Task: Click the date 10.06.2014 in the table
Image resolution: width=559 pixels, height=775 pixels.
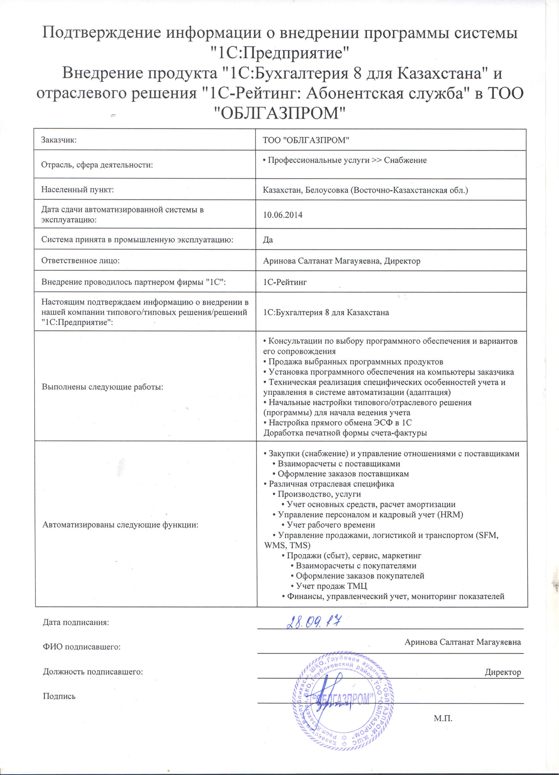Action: [x=283, y=215]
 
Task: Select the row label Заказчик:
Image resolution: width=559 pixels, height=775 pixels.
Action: [x=59, y=140]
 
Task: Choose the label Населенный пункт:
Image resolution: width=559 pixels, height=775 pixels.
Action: [x=78, y=190]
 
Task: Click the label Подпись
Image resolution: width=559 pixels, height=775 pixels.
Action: [x=59, y=696]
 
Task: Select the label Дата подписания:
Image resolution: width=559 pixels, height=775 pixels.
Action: [x=76, y=622]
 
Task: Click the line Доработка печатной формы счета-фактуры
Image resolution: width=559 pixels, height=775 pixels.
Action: [x=345, y=433]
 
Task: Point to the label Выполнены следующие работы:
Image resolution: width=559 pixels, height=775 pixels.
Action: [x=102, y=387]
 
